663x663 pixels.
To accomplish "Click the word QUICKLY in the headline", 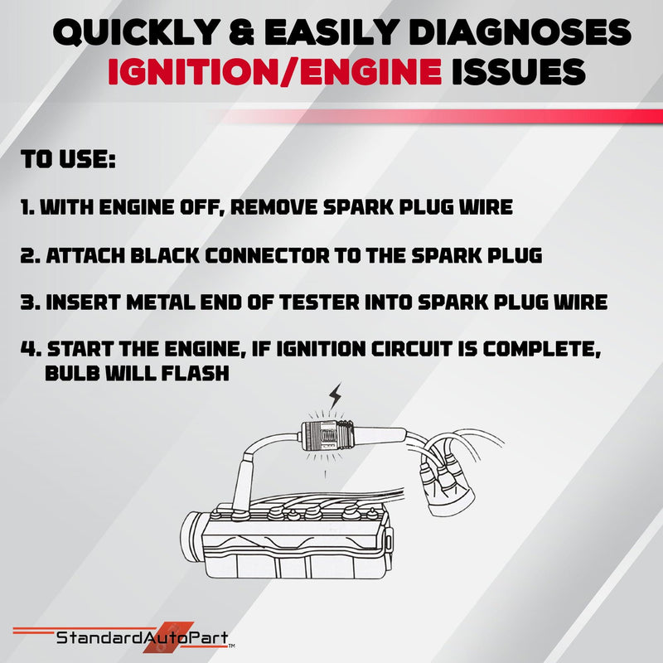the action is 135,32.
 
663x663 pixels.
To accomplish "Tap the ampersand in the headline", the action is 241,32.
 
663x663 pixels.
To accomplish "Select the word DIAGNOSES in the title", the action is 521,32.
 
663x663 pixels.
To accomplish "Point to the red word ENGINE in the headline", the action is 367,71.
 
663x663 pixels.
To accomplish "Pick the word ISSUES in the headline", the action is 519,71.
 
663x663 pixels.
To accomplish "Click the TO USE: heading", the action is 68,159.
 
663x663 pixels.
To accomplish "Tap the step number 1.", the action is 27,207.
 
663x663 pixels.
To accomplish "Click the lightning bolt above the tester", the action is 336,396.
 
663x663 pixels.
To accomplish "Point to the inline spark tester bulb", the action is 327,437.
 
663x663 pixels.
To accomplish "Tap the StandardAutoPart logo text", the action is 143,637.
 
